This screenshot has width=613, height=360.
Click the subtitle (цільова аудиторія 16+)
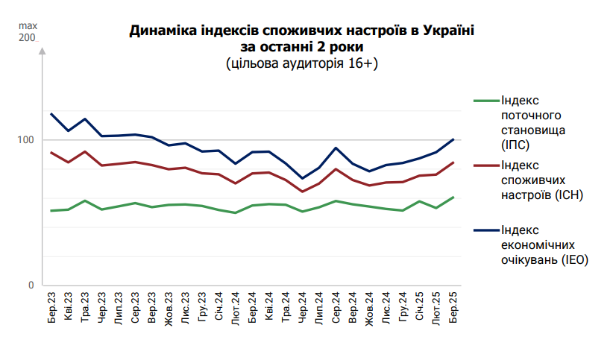coord(302,64)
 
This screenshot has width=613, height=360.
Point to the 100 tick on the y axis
coord(27,140)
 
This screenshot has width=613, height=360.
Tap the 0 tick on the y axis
coord(31,285)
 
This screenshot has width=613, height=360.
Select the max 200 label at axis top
coord(27,32)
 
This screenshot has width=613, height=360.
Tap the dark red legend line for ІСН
coord(485,165)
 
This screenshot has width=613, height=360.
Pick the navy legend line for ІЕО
coord(485,230)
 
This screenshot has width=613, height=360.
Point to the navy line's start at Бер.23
coord(51,114)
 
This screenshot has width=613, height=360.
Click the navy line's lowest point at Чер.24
coord(303,178)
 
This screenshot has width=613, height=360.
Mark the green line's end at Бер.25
coord(453,197)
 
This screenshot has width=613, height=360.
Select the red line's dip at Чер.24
coord(303,192)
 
